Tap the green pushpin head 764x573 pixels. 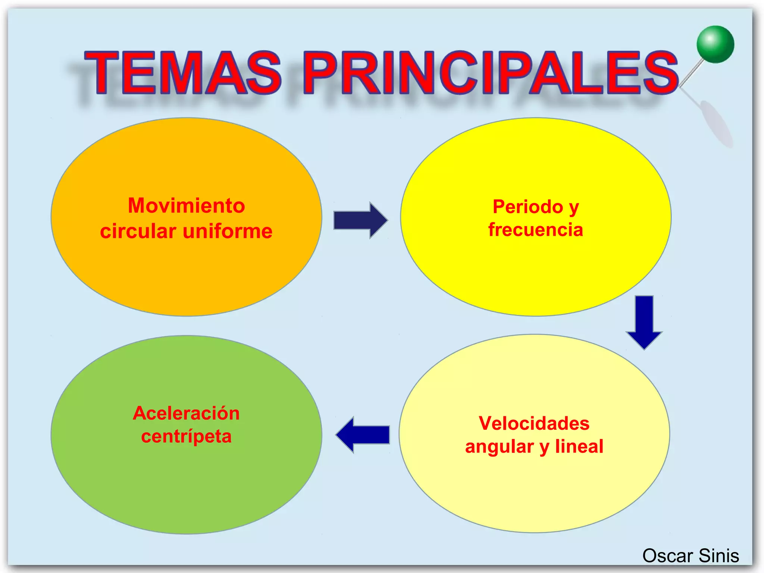[x=715, y=44]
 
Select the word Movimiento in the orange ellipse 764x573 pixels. [x=186, y=206]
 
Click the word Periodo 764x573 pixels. [x=528, y=207]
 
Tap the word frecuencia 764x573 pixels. [x=535, y=230]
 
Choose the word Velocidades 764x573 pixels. [x=534, y=423]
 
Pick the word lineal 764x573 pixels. [x=579, y=447]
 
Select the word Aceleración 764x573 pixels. [x=186, y=413]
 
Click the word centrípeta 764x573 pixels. [x=186, y=436]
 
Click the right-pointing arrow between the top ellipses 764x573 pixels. [x=360, y=220]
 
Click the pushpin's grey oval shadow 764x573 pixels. [x=716, y=123]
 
